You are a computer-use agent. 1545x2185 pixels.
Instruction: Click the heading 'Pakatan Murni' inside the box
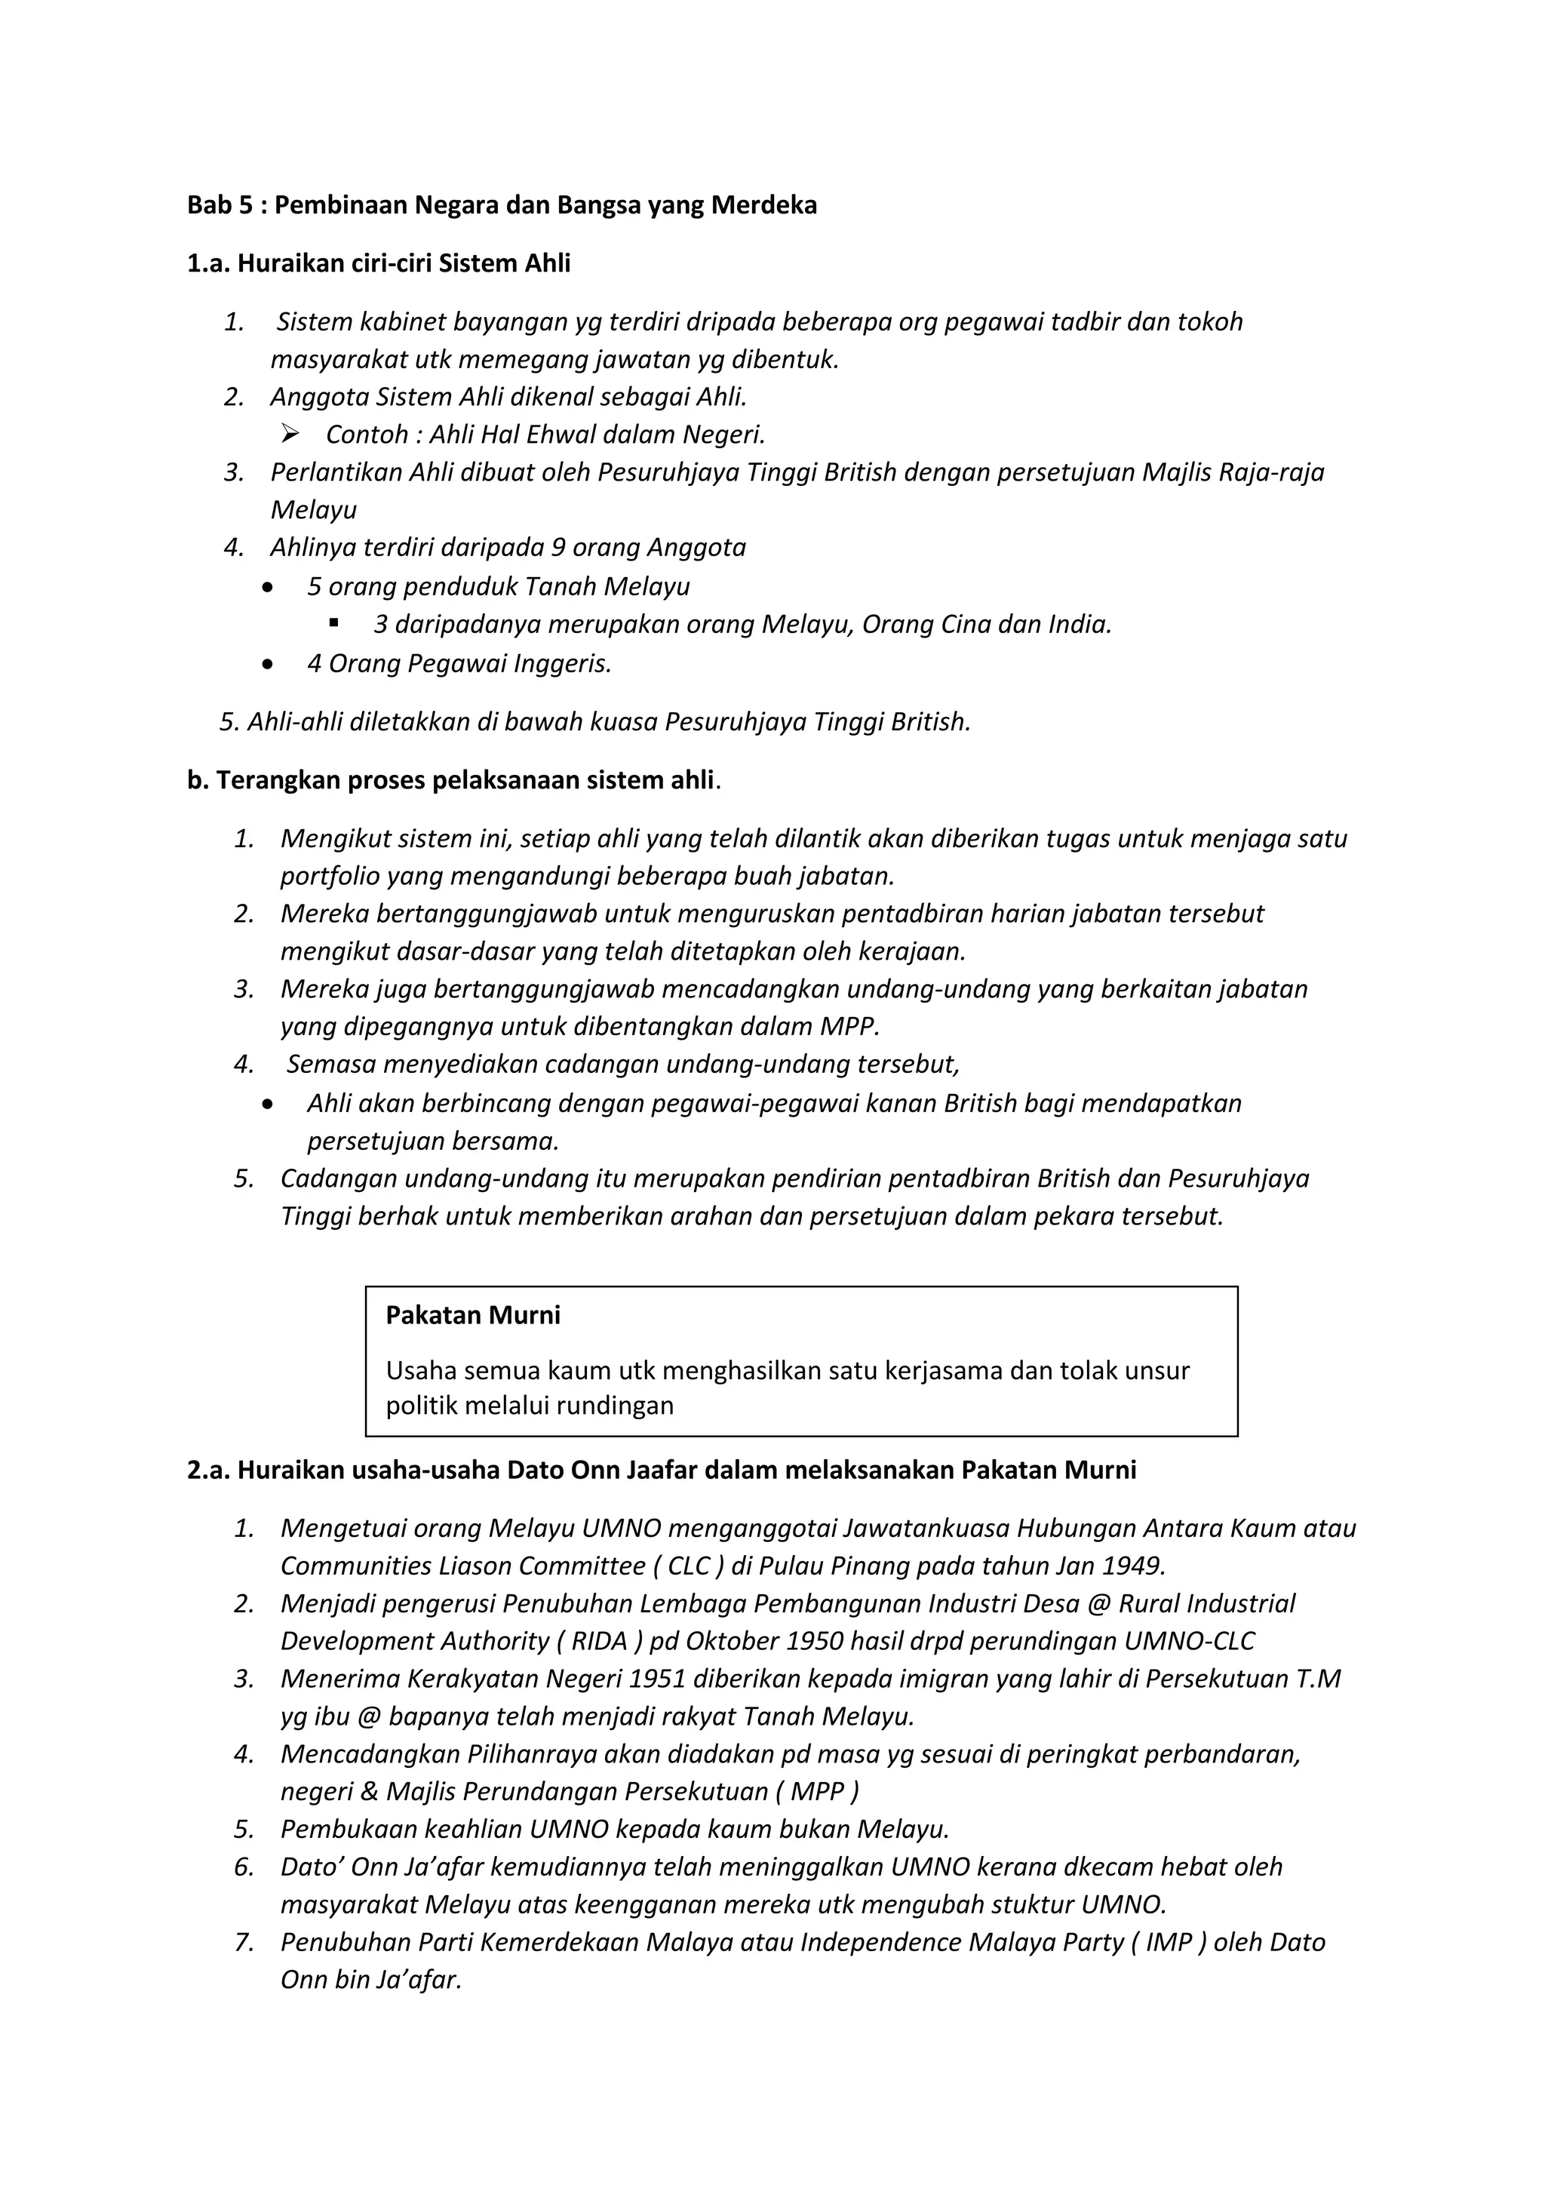(473, 1316)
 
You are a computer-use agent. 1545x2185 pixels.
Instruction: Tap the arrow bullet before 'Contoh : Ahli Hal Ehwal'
(290, 435)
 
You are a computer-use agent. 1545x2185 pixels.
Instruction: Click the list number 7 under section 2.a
(244, 1942)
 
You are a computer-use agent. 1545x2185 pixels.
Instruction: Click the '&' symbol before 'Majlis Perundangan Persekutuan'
(369, 1792)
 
